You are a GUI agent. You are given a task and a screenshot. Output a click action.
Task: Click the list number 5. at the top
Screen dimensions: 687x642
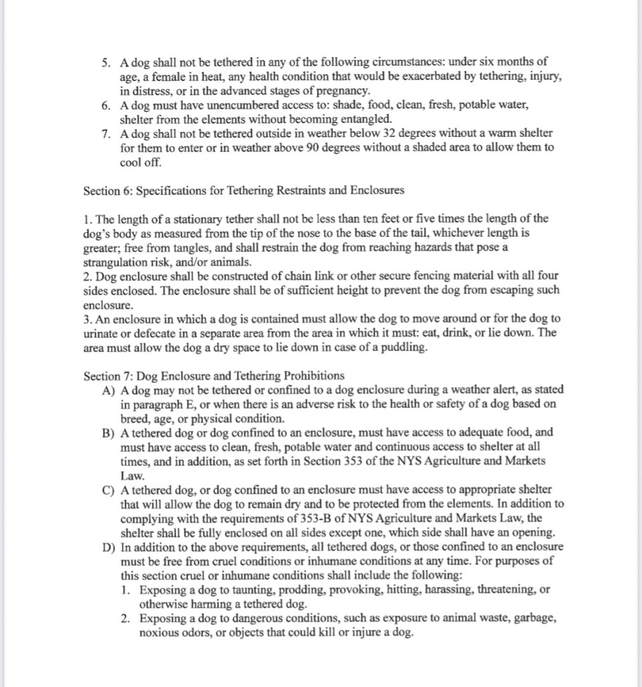coord(107,62)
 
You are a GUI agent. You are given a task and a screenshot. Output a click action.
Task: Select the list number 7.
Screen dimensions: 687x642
coord(107,134)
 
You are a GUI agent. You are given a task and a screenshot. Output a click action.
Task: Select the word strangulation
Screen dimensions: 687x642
coord(115,262)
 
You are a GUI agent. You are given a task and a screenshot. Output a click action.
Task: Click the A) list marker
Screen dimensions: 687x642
coord(109,390)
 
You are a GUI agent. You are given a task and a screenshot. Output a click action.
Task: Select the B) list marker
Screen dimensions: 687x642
coord(109,433)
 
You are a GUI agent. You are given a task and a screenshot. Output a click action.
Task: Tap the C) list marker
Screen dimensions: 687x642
coord(109,490)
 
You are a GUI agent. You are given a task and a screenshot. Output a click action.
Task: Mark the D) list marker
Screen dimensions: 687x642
coord(109,547)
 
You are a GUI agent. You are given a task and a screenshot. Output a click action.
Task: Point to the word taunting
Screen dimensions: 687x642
coord(257,590)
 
